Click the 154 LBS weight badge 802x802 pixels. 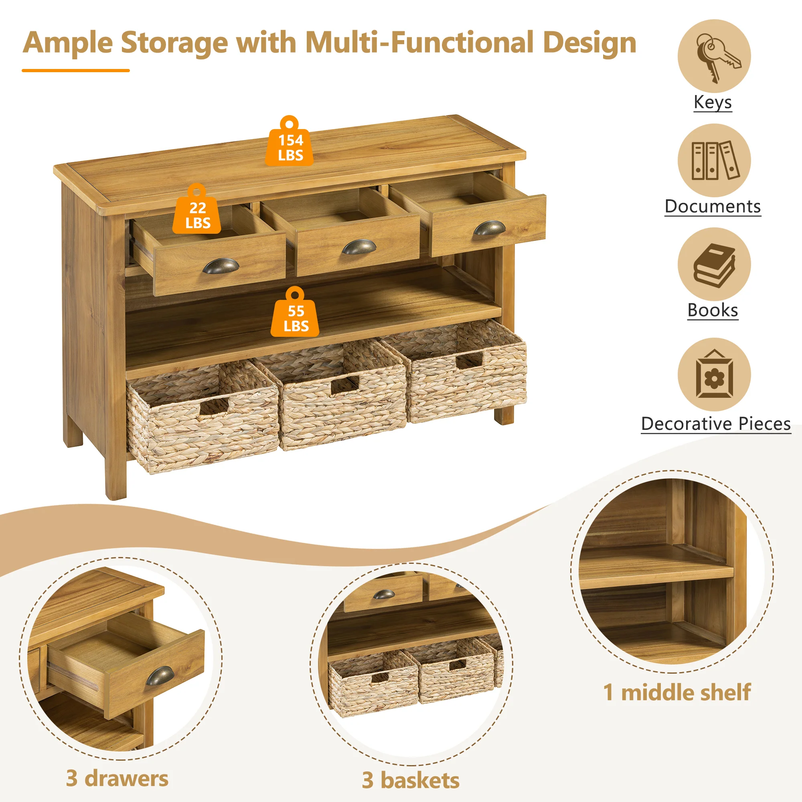click(x=290, y=142)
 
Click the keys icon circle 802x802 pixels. click(x=714, y=56)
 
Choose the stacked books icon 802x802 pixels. click(x=714, y=264)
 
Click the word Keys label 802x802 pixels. click(x=713, y=102)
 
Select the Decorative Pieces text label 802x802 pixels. click(x=716, y=424)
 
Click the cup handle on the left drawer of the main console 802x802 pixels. click(x=221, y=266)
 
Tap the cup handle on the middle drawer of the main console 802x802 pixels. click(x=358, y=247)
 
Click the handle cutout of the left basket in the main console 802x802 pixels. click(x=214, y=406)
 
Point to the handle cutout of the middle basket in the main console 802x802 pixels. click(x=344, y=386)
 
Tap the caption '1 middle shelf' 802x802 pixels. click(x=677, y=692)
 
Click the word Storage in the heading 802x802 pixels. click(x=174, y=44)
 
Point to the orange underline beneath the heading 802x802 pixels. click(x=75, y=71)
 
